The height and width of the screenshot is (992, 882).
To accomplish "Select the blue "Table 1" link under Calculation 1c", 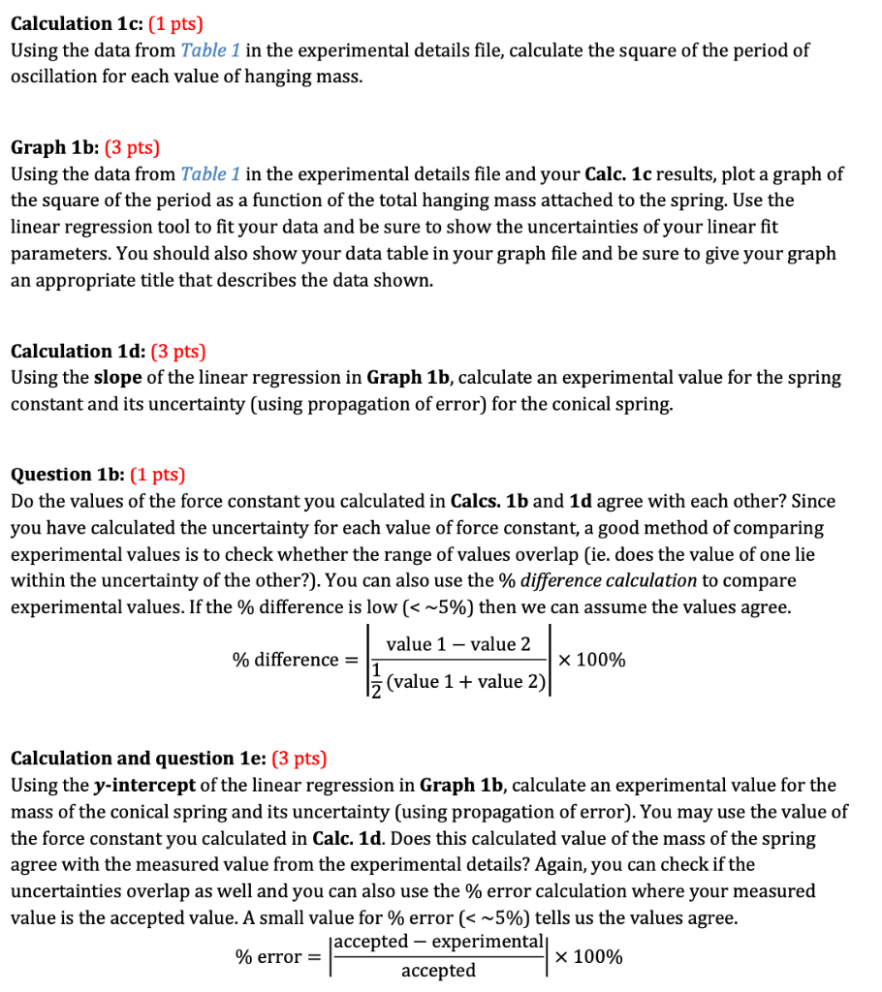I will pyautogui.click(x=210, y=49).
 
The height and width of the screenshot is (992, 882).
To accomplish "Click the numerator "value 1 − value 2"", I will pyautogui.click(x=457, y=644).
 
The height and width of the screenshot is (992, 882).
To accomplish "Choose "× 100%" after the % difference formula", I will pyautogui.click(x=590, y=661).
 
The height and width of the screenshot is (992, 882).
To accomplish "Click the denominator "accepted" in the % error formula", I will pyautogui.click(x=438, y=971).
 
